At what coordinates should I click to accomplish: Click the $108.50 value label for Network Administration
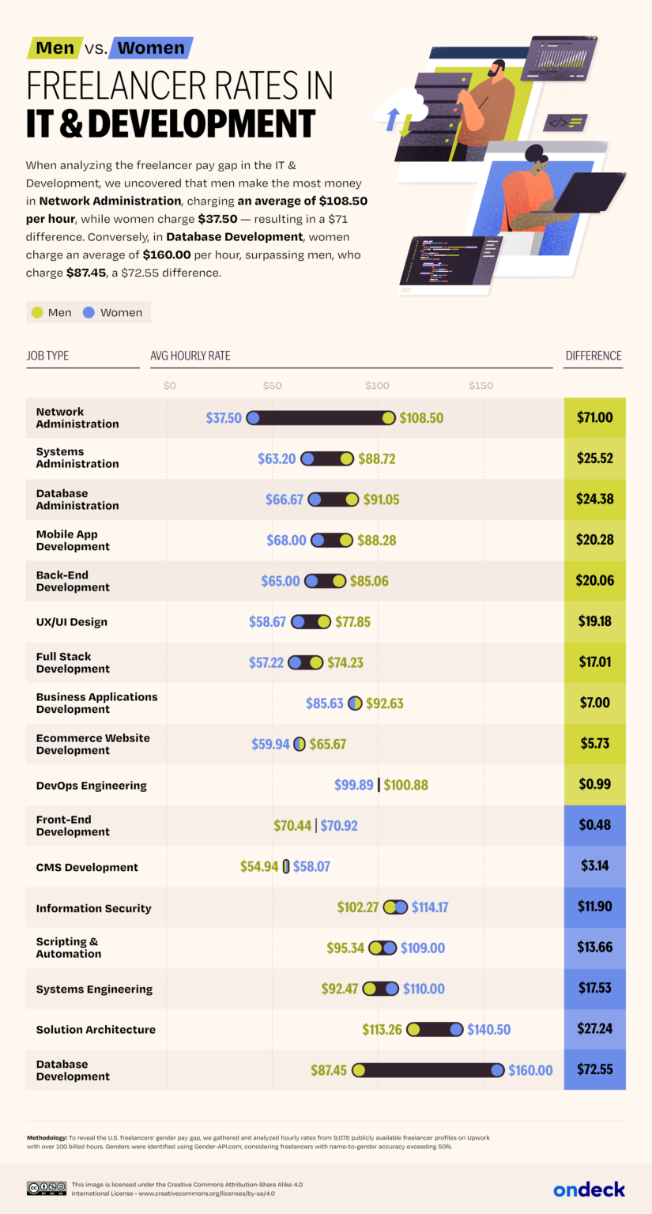pos(421,418)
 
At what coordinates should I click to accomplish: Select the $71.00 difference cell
pos(595,417)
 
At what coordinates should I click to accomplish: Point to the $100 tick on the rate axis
pos(376,386)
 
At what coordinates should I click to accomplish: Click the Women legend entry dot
pos(89,312)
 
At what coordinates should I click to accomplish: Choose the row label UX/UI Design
pos(72,622)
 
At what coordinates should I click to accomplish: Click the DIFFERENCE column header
pos(594,356)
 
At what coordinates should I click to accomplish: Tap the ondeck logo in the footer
pos(589,1189)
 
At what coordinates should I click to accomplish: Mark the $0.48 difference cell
pos(595,825)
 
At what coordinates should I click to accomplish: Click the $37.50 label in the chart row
pos(224,418)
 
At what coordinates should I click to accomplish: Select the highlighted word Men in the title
pos(55,47)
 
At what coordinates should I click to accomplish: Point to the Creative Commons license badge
pos(46,1188)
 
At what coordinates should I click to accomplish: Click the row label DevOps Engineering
pos(92,786)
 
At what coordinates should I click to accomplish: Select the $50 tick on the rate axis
pos(272,386)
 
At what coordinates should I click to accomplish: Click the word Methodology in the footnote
pos(52,1137)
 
